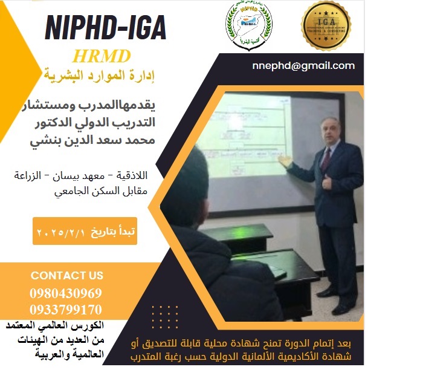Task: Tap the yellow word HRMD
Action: (x=101, y=56)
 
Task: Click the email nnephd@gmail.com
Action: (x=303, y=66)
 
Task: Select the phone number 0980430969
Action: (x=65, y=293)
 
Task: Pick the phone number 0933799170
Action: (x=65, y=310)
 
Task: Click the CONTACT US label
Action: (x=66, y=276)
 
